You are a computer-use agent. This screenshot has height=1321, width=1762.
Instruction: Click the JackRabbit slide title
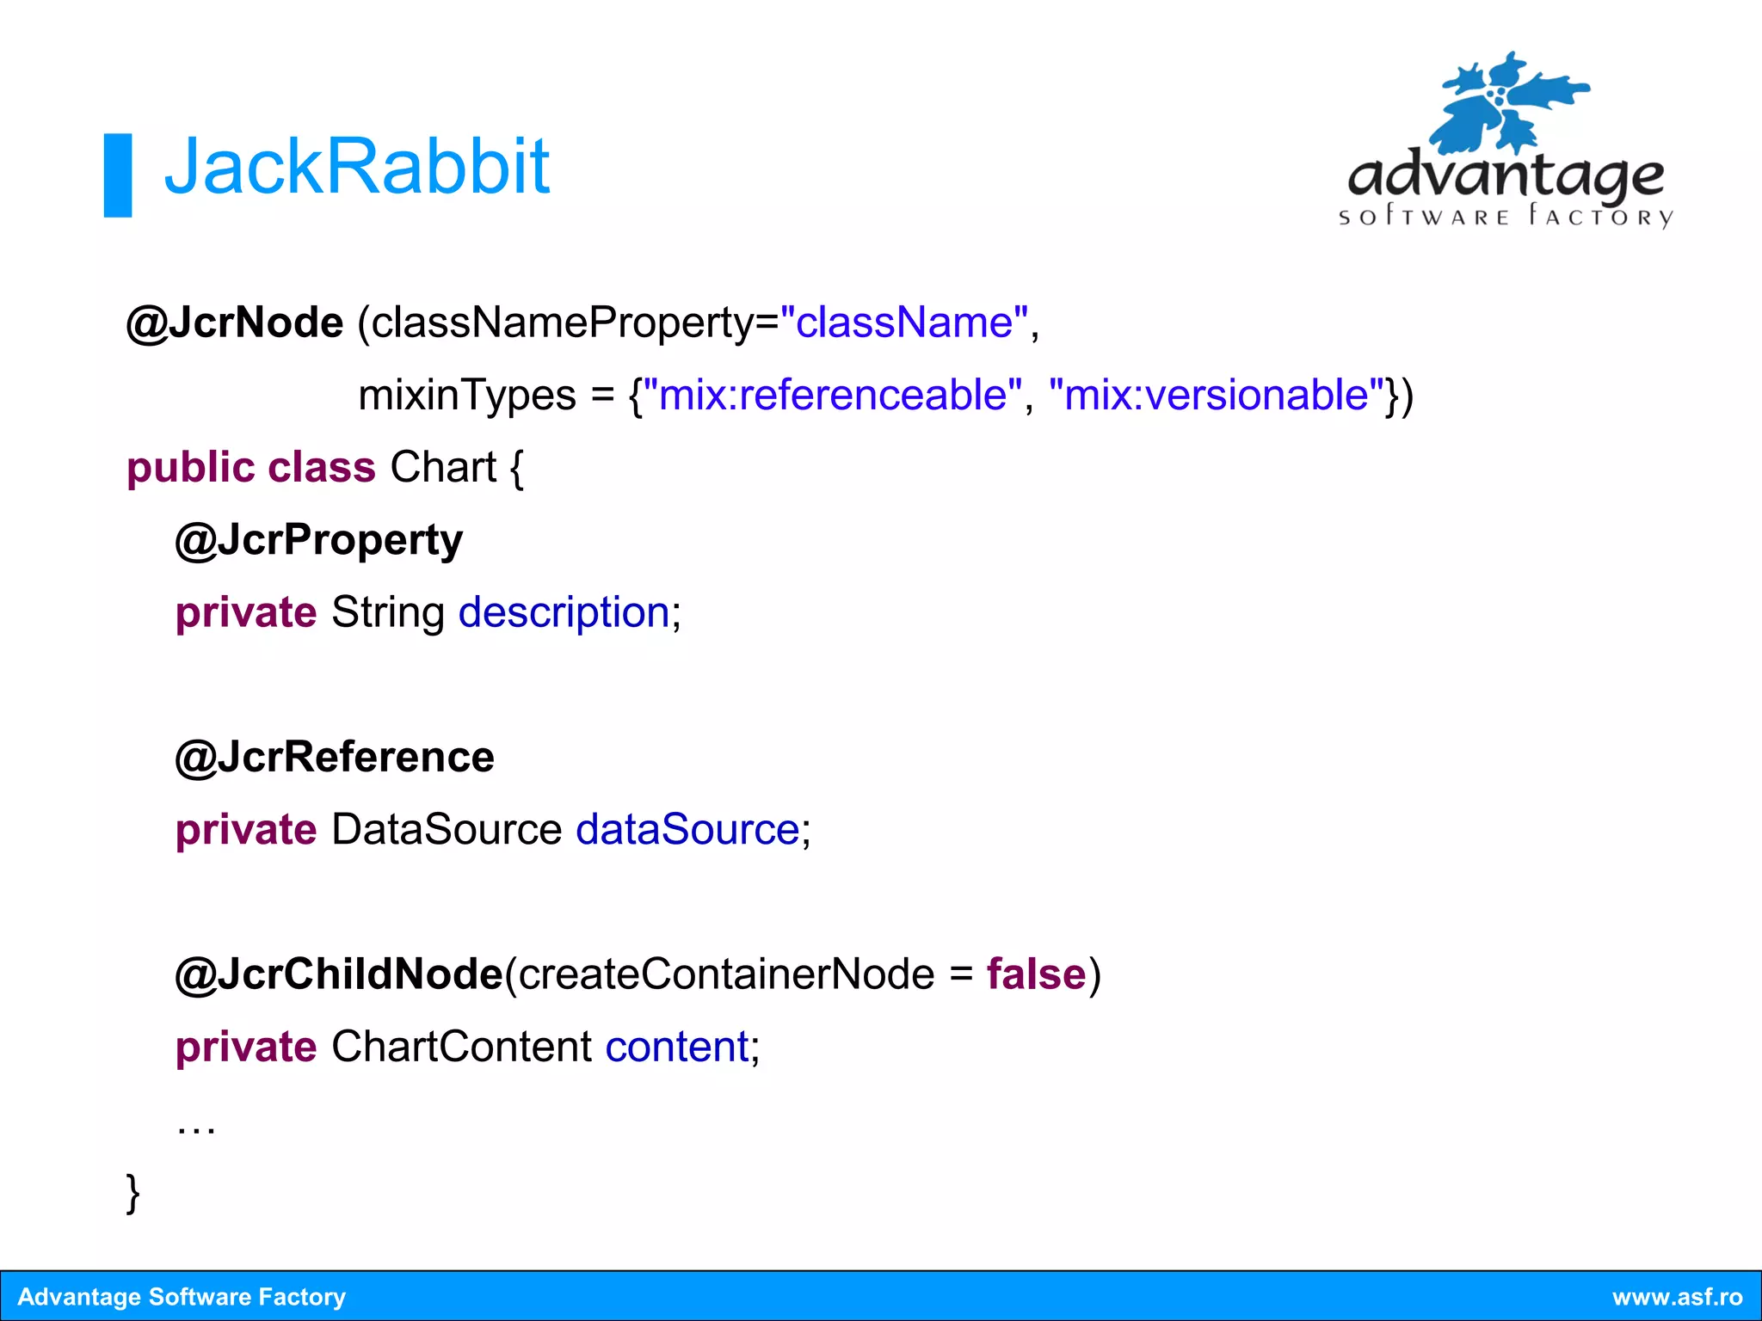[356, 167]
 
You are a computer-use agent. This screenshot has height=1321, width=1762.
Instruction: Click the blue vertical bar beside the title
[118, 175]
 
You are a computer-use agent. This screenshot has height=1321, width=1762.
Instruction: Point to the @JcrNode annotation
[235, 323]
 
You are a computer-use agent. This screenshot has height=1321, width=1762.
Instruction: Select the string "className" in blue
[903, 323]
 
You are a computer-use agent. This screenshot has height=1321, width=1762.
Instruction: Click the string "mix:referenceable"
[833, 396]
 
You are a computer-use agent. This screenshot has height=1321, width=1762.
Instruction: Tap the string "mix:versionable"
[1217, 396]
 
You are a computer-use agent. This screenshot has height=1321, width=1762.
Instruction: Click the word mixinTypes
[467, 396]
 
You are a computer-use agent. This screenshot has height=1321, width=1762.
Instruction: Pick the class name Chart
[443, 468]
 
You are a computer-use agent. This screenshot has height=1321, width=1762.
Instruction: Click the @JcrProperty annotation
[319, 541]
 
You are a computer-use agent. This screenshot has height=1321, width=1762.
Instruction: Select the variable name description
[564, 613]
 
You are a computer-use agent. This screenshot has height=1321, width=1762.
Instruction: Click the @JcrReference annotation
[335, 758]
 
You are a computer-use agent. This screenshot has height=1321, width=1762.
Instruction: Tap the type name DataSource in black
[447, 830]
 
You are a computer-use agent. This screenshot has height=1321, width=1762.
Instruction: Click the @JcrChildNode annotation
[339, 974]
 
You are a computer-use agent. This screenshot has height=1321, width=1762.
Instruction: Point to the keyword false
[1036, 974]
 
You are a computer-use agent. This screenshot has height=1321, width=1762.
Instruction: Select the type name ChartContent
[462, 1048]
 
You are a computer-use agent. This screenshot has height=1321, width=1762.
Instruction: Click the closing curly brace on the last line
[133, 1193]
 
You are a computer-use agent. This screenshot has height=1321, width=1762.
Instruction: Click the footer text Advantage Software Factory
[182, 1297]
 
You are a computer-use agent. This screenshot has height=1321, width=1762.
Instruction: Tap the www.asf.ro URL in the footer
[1677, 1297]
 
